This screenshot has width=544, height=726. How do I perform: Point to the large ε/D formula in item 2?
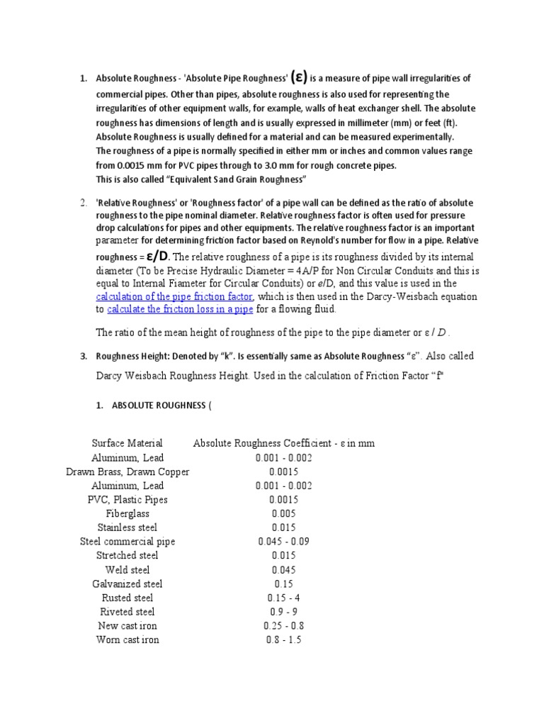tap(157, 256)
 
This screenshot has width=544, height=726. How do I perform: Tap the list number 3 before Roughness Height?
tap(83, 356)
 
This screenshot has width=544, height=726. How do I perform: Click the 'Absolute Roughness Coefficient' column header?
tap(284, 443)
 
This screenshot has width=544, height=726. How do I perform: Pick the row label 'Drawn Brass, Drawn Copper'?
tap(127, 471)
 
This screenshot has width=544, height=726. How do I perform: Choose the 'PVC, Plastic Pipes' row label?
tap(127, 499)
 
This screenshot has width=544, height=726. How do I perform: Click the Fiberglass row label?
tap(127, 513)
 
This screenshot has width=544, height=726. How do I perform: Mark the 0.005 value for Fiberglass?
tap(284, 513)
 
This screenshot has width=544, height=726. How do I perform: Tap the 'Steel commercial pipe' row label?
tap(127, 542)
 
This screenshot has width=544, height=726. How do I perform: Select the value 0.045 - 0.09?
tap(284, 542)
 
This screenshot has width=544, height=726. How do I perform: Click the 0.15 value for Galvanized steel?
tap(284, 583)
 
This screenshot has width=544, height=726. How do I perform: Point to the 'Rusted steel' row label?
tap(127, 598)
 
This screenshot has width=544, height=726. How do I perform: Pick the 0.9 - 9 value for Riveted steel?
tap(284, 612)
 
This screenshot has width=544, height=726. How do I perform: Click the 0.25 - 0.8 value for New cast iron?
tap(284, 626)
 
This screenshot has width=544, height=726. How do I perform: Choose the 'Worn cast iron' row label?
tap(127, 640)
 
